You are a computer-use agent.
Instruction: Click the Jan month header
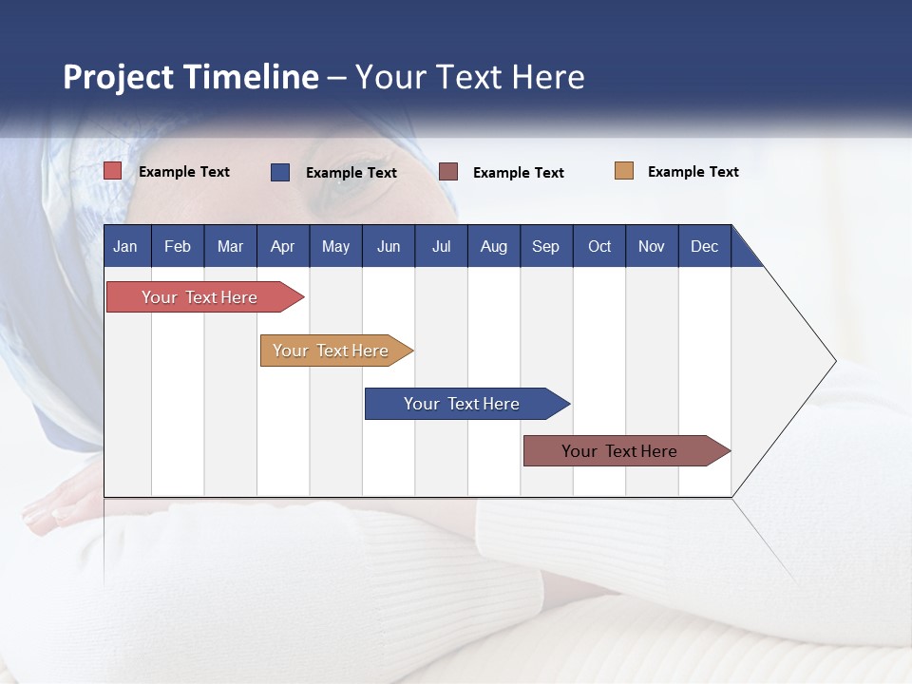[125, 246]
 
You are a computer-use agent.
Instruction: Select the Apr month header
[282, 246]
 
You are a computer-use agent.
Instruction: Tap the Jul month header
[441, 246]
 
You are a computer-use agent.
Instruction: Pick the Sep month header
[545, 246]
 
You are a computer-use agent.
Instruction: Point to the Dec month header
[704, 246]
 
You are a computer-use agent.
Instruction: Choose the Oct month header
[599, 246]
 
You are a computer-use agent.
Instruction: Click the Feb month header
[178, 246]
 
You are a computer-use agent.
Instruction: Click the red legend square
[113, 171]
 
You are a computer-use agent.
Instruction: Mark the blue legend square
[280, 172]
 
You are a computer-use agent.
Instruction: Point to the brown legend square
[448, 172]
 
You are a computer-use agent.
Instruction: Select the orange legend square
[624, 171]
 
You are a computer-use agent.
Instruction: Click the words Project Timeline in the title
[191, 77]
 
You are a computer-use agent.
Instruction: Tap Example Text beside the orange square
[693, 172]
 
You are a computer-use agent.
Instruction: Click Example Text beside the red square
[184, 172]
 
